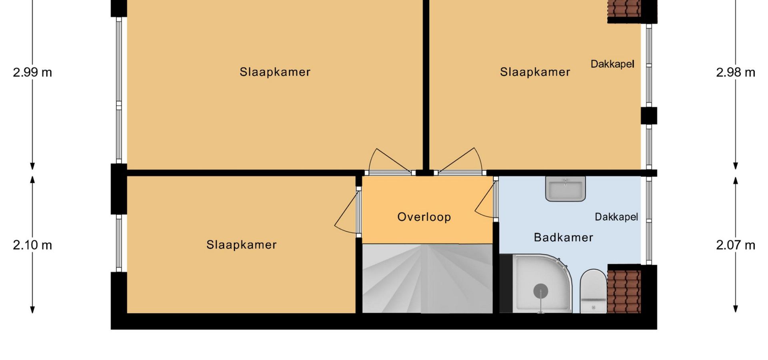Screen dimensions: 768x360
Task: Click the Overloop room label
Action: coord(424,217)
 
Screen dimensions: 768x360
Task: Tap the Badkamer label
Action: coord(563,237)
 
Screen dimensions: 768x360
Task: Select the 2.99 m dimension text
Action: coord(32,72)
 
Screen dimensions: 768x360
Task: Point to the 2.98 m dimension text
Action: coord(736,72)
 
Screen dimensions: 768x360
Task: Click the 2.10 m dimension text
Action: coord(32,245)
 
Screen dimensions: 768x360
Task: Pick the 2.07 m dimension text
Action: coord(736,245)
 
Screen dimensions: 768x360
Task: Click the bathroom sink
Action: coord(566,188)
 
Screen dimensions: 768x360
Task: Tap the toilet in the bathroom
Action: coord(594,291)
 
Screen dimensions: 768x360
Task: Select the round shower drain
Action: coord(541,291)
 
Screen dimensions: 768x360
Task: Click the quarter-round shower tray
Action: coord(542,284)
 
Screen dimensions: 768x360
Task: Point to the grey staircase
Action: coord(427,278)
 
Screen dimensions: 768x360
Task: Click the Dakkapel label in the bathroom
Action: coord(616,217)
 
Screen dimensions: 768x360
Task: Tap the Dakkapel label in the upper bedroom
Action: coord(612,64)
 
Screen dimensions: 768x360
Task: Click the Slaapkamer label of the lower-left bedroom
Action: coord(241,245)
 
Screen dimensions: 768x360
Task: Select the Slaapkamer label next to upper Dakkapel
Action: coord(535,72)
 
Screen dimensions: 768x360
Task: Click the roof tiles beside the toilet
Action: coord(624,291)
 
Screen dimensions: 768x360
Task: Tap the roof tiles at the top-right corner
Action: coord(624,8)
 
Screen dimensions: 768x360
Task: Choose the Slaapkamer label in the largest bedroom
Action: coord(275,72)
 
